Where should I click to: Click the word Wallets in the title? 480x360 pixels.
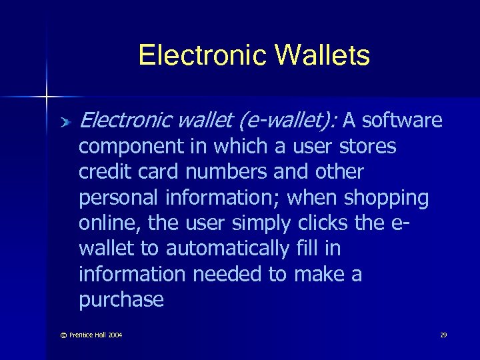tap(322, 55)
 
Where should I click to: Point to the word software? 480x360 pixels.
tap(403, 120)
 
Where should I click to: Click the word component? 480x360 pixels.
tap(130, 147)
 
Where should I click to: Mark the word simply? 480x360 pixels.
tap(256, 223)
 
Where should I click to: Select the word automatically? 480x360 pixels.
tap(227, 249)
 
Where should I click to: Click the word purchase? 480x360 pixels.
tap(121, 300)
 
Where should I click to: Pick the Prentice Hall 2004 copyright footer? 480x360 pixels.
tap(88, 335)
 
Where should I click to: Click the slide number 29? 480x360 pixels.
tap(443, 335)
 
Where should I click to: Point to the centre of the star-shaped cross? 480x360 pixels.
tap(47, 97)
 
